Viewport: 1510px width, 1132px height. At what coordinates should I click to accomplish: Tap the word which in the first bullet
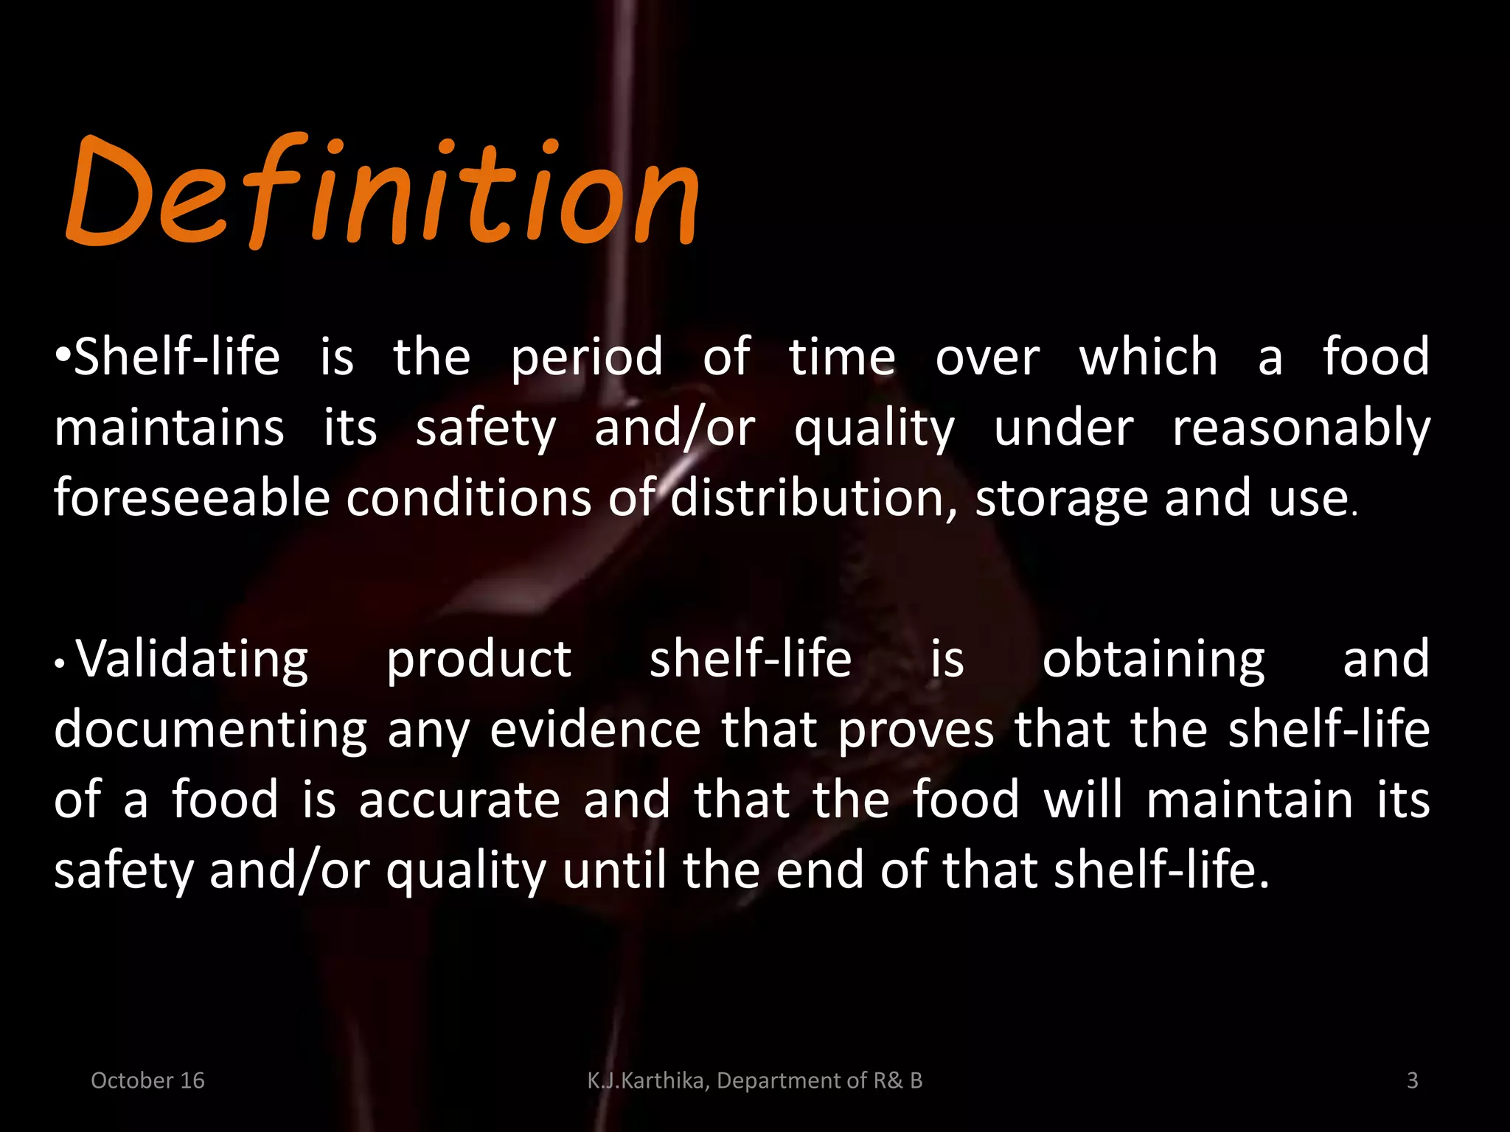(1148, 357)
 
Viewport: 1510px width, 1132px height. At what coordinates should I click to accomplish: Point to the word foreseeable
(192, 498)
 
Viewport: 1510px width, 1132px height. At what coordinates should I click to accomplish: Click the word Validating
(192, 659)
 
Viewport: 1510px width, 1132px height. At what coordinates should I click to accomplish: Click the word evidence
(595, 730)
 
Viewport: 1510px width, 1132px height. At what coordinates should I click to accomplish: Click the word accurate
(459, 800)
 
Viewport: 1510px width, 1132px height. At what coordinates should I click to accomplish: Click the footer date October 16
(147, 1080)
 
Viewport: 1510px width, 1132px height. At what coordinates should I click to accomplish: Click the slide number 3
(1412, 1080)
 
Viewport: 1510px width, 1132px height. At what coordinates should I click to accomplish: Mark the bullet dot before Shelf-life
(63, 357)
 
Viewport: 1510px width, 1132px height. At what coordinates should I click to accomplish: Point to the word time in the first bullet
(842, 357)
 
